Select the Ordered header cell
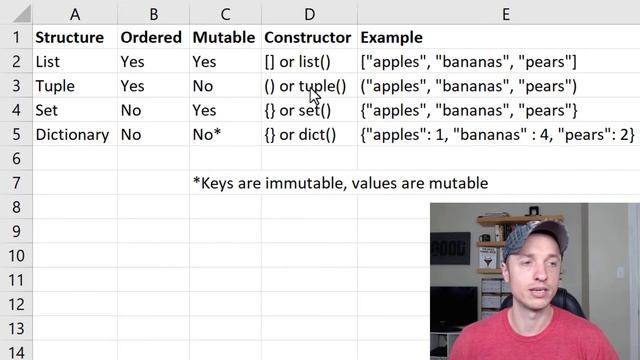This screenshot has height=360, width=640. pos(151,38)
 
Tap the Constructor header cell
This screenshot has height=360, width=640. pos(307,38)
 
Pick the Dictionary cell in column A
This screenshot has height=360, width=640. pos(72,134)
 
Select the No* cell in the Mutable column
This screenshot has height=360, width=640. pos(208,134)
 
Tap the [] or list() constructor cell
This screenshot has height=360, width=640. pos(297,62)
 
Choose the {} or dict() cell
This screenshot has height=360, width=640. pos(300,134)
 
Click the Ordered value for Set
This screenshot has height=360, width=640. pos(131,110)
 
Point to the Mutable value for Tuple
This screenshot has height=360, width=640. pos(203,86)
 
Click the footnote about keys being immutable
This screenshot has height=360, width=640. pos(340,183)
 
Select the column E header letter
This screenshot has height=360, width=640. pos(506,14)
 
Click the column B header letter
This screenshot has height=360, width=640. pos(152,14)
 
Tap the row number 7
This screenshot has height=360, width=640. pos(15,183)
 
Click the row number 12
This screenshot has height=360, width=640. pos(15,303)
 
